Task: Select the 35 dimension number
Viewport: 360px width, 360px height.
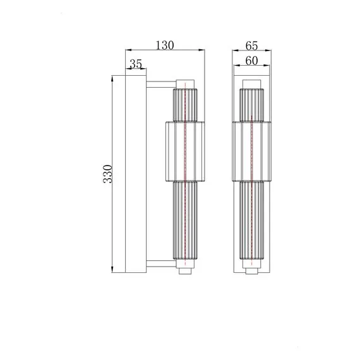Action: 136,64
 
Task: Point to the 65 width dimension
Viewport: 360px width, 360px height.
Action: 251,45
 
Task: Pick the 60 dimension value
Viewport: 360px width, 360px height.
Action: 251,61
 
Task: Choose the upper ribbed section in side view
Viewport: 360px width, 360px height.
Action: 184,104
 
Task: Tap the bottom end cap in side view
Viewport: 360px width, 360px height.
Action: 184,270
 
